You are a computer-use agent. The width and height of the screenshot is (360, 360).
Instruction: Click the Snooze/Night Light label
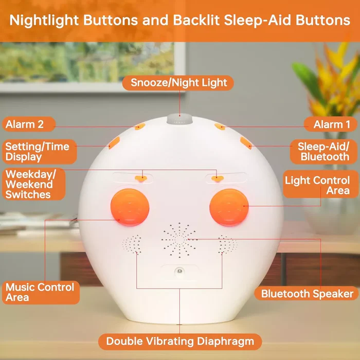click(178, 83)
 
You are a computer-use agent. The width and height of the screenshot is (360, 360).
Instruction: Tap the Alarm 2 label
click(29, 124)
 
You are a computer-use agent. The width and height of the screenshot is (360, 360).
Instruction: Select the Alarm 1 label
click(331, 124)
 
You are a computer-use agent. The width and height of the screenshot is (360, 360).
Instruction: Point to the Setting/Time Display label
click(39, 152)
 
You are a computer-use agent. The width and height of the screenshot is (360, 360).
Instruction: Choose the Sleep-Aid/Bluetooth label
click(323, 152)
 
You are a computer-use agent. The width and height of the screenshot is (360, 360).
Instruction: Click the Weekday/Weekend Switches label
click(33, 184)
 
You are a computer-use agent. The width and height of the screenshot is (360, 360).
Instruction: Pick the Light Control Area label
click(320, 184)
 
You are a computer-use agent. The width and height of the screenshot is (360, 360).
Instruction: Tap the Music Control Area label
click(41, 292)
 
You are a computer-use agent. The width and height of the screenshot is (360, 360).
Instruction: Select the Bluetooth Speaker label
click(307, 294)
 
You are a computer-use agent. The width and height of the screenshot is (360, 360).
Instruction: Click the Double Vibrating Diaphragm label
click(180, 341)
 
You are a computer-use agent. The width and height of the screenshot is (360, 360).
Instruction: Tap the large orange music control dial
click(130, 207)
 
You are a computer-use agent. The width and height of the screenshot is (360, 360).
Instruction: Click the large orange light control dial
click(229, 207)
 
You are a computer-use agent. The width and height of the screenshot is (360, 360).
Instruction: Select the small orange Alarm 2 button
click(140, 127)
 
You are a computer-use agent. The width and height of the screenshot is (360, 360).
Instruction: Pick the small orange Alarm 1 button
click(220, 127)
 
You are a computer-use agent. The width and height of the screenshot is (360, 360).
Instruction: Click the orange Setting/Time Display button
click(114, 143)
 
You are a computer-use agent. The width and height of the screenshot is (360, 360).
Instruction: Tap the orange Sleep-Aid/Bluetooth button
click(246, 143)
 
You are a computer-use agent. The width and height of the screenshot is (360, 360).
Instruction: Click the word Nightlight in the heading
click(44, 21)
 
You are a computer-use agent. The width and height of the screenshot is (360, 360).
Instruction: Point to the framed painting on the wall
click(93, 66)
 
